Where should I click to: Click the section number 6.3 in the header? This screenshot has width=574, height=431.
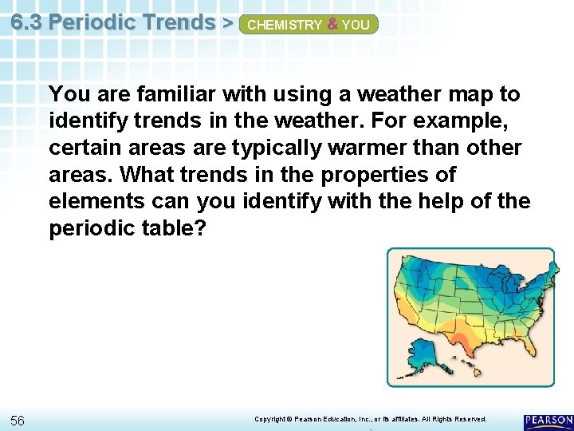[x=27, y=22]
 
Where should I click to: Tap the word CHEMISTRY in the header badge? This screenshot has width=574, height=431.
[x=285, y=25]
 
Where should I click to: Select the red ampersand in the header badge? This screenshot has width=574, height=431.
[x=332, y=25]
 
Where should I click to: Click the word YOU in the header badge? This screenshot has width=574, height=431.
[x=356, y=25]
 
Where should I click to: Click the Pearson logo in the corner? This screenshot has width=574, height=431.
[x=548, y=421]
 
